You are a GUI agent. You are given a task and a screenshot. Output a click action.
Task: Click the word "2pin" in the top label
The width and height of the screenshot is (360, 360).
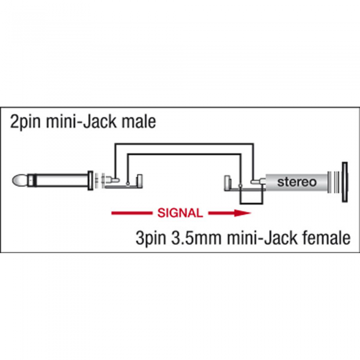click(25, 122)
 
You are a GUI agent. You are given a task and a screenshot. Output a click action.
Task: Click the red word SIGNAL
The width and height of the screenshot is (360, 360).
click(180, 213)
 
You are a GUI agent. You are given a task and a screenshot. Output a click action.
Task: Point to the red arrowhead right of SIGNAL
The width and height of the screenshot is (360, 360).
click(242, 213)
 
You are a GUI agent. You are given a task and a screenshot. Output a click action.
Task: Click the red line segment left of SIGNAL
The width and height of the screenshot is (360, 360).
click(132, 213)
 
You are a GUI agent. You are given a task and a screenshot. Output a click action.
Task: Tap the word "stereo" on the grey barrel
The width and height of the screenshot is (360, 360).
click(297, 182)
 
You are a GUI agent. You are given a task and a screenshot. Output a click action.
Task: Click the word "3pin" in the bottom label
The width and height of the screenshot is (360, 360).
click(151, 238)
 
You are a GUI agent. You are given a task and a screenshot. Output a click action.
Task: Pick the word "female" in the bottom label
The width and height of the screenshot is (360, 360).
click(327, 238)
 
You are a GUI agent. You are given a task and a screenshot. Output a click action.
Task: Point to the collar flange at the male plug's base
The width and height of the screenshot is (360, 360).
click(91, 181)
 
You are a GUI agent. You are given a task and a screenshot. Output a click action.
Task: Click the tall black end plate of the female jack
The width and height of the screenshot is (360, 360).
click(345, 182)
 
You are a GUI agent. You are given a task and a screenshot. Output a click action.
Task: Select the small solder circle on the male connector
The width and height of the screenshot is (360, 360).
click(128, 184)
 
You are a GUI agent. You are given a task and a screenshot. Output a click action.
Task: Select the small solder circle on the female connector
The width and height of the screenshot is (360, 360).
click(240, 186)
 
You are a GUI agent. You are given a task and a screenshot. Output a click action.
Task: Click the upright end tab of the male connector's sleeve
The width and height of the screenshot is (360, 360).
click(139, 181)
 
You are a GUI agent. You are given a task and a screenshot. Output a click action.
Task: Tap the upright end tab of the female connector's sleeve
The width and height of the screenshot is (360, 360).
click(227, 183)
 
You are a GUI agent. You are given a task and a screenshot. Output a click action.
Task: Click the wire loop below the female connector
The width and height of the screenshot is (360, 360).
click(251, 204)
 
